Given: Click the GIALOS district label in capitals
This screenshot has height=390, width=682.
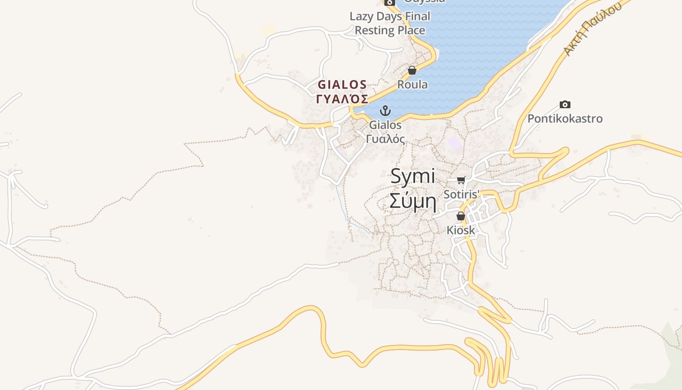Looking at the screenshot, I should click(342, 84).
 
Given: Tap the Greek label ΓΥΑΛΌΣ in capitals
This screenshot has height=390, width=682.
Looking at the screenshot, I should click(342, 99).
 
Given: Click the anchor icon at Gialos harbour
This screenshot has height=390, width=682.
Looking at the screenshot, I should click(385, 111).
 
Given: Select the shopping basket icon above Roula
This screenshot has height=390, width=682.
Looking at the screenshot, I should click(412, 70).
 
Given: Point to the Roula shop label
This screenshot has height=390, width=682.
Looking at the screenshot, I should click(412, 84).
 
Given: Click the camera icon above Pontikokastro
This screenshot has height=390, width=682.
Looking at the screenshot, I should click(565, 104).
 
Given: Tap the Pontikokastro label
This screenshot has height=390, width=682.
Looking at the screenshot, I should click(565, 118).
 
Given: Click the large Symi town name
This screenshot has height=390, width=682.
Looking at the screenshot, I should click(412, 176).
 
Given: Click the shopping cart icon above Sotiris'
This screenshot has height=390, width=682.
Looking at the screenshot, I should click(461, 180).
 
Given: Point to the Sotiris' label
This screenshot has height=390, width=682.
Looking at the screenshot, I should click(461, 194).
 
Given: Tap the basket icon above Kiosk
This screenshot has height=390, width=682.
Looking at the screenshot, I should click(461, 216).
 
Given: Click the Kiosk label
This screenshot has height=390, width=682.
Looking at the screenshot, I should click(461, 230).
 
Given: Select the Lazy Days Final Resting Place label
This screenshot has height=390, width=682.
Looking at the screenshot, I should click(390, 23).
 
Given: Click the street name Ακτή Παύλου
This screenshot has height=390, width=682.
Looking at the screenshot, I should click(592, 28).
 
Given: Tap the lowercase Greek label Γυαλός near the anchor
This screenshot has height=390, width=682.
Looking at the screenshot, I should click(385, 139).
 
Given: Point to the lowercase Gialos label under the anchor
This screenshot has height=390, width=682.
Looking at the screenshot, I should click(385, 125).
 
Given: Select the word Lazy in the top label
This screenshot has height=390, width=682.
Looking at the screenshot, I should click(361, 16).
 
